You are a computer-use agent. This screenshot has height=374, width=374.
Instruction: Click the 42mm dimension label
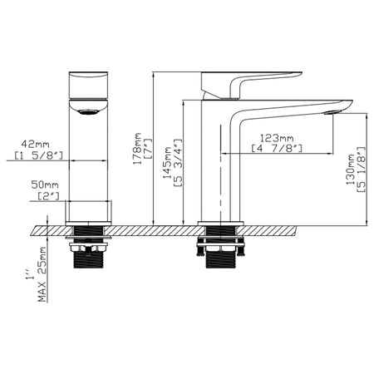click(35, 145)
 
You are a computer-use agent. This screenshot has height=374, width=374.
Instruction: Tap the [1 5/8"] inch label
click(39, 155)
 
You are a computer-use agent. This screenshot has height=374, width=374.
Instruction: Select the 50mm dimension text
click(45, 185)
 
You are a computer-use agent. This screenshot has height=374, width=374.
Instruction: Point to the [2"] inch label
click(48, 196)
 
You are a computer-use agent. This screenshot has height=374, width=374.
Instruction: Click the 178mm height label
click(137, 149)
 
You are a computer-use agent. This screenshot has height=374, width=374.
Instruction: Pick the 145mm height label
click(167, 163)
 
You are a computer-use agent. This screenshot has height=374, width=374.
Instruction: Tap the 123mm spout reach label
click(277, 138)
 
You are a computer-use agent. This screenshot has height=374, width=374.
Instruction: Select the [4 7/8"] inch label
click(277, 149)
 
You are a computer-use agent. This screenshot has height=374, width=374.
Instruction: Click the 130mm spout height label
click(351, 170)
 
